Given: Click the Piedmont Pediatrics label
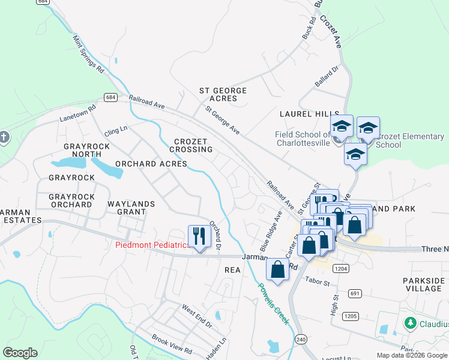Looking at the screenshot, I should tap(152, 245).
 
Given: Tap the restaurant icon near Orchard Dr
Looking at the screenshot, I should tap(198, 236).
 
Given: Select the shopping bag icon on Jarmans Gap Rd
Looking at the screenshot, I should tap(277, 269).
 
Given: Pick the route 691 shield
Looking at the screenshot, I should tap(355, 293).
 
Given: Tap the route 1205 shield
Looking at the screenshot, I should tap(351, 316).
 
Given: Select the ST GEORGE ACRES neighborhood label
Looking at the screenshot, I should tap(223, 95).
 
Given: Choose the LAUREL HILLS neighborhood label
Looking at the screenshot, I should tap(306, 114).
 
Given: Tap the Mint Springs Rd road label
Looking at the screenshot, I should tap(88, 54).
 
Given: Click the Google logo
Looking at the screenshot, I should tap(20, 353).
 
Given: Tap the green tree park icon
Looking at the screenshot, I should tap(411, 323).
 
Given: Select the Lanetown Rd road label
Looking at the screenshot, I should tap(77, 115).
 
